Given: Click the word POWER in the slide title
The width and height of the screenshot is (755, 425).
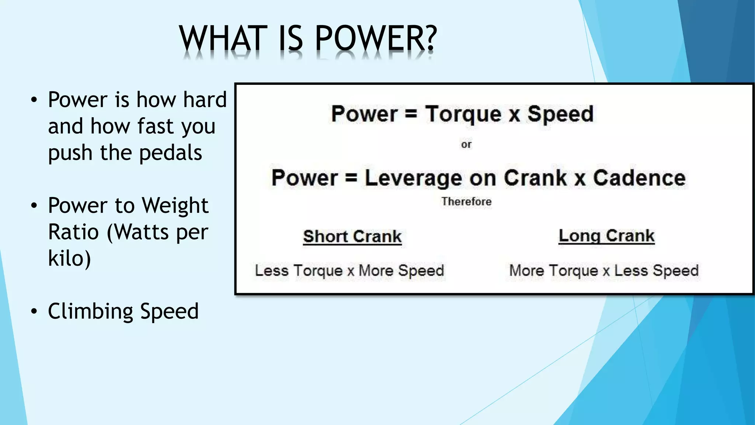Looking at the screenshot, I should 370,38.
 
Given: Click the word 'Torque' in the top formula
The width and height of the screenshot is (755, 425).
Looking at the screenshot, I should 463,114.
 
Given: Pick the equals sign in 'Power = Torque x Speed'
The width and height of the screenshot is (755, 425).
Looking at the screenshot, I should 411,114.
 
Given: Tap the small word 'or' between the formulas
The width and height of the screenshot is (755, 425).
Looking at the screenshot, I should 466,144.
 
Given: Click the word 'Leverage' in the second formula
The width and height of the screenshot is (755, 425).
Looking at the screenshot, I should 413,178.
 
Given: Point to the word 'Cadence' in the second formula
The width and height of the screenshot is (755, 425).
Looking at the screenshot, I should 639,178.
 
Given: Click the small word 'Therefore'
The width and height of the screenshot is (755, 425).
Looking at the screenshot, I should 466,201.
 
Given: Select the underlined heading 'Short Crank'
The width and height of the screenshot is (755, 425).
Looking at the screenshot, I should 352,236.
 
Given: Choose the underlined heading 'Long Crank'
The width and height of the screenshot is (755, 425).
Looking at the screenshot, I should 606,236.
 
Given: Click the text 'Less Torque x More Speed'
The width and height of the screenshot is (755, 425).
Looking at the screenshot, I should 349,270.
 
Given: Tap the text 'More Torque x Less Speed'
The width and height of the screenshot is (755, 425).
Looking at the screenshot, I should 604,270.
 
